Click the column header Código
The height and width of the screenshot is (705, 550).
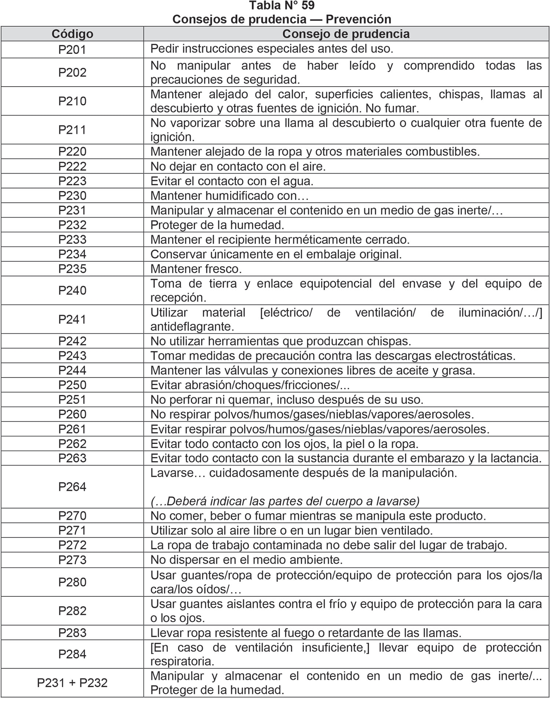click(72, 34)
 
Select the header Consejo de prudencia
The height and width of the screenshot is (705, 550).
click(346, 34)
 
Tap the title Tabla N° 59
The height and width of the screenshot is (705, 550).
click(282, 6)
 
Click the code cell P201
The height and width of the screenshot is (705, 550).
click(72, 50)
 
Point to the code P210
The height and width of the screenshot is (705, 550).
click(72, 101)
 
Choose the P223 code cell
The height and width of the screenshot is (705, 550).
click(72, 181)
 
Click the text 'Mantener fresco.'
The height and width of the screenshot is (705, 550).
click(196, 269)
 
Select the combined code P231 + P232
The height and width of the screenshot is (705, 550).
click(72, 683)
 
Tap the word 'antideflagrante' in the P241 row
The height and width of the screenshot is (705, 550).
click(192, 326)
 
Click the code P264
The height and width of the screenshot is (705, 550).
click(72, 487)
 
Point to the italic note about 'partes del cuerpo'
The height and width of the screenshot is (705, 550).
click(285, 501)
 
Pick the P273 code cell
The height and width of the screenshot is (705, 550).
click(72, 560)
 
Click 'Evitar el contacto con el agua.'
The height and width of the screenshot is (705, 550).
click(232, 181)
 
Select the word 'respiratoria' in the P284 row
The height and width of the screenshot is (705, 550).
click(182, 661)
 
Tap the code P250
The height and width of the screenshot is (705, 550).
click(72, 385)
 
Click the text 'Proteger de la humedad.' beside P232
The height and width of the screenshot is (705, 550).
click(217, 225)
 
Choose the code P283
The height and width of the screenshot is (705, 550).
click(72, 633)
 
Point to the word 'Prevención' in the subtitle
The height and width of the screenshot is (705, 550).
click(358, 19)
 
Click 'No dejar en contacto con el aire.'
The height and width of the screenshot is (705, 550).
click(238, 167)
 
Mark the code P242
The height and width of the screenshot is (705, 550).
click(72, 341)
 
